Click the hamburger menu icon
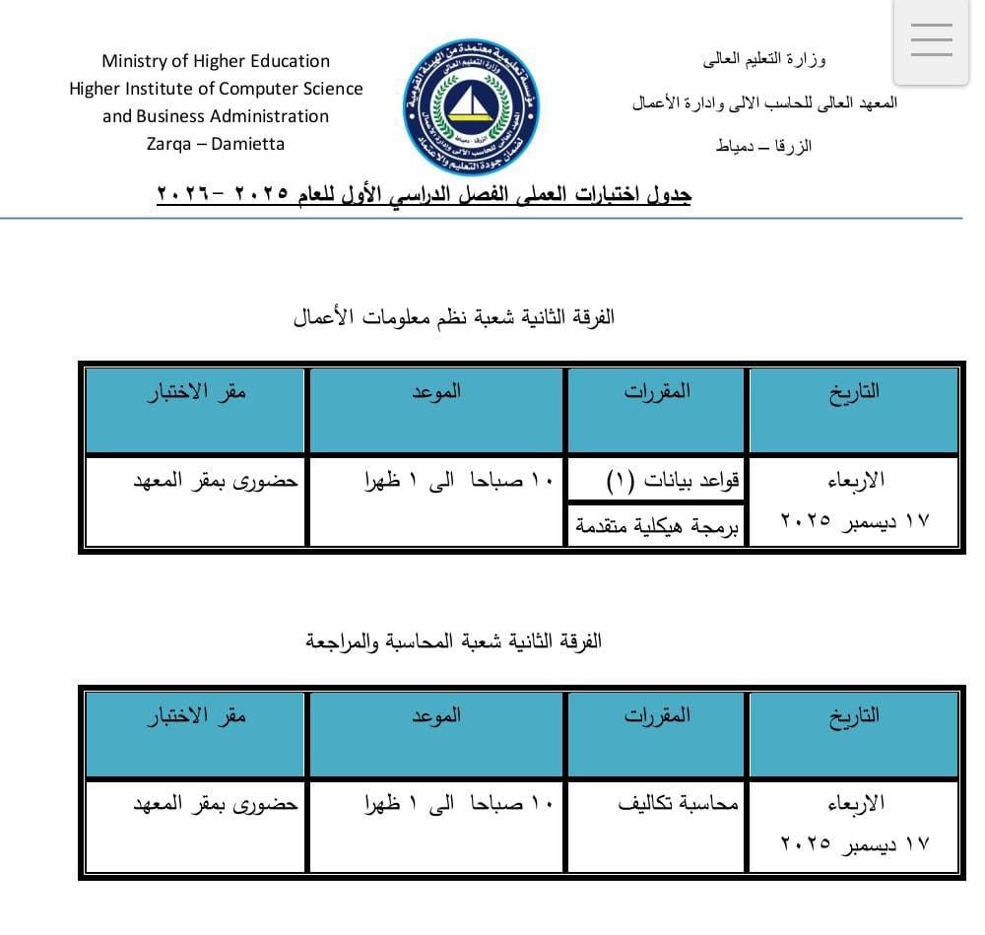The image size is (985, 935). tap(931, 40)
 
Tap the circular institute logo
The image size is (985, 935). tap(471, 106)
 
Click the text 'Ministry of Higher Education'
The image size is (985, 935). tap(216, 61)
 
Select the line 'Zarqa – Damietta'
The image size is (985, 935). tap(216, 144)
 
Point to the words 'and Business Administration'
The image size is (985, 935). tap(216, 116)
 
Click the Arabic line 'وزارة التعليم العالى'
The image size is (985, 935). tap(764, 59)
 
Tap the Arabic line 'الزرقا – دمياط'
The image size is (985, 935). tap(764, 147)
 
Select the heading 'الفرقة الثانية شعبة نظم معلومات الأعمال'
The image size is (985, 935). tap(454, 317)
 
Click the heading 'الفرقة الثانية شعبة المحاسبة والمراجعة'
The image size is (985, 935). tap(454, 641)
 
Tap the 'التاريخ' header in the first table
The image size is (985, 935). tap(854, 391)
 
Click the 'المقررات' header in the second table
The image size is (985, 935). tap(657, 715)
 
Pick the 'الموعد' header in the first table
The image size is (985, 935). tap(436, 391)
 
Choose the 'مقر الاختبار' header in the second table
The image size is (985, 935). tap(197, 715)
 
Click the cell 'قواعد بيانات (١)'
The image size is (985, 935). tap(672, 481)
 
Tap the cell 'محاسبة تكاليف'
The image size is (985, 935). tap(678, 804)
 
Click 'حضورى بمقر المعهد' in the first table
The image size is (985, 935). tap(216, 482)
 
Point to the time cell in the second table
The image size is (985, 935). tap(458, 804)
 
